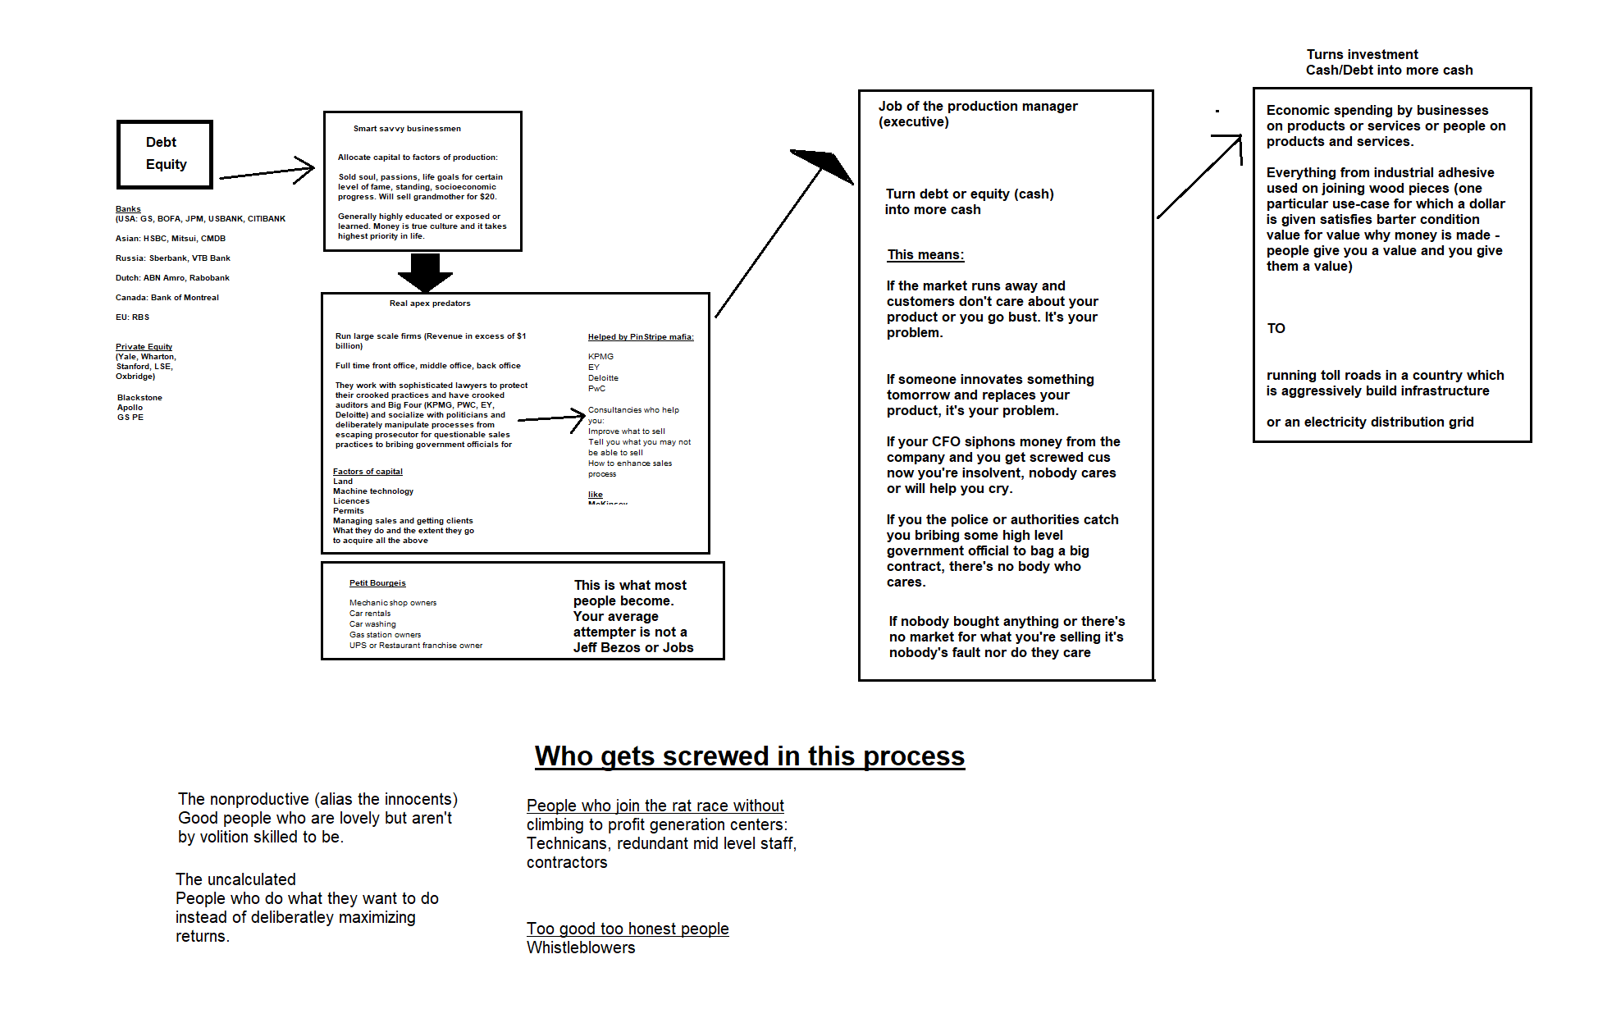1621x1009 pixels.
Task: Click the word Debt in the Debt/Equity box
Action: coord(161,142)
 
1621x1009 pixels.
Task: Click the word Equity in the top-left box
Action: coord(166,164)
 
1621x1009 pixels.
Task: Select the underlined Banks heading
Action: coord(128,209)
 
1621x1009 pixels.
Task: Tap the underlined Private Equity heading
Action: coord(144,347)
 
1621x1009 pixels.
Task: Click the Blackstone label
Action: coord(139,398)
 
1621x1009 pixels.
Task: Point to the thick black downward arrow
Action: coord(425,272)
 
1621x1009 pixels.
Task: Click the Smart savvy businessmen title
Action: coord(407,129)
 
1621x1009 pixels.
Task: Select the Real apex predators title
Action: coord(430,304)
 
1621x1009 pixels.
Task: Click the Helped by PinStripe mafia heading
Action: coord(641,337)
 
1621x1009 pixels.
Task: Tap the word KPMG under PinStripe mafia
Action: coord(600,357)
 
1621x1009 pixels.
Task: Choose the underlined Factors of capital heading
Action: coord(368,472)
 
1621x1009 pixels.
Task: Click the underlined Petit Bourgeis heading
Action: coord(377,583)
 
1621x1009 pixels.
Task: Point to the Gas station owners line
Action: coord(385,635)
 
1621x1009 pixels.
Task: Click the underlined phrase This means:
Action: coord(925,255)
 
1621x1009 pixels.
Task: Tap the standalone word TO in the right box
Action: coord(1276,328)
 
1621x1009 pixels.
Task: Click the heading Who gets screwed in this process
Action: coord(749,756)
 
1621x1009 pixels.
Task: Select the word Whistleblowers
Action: coord(581,947)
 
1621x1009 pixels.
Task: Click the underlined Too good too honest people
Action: coord(628,929)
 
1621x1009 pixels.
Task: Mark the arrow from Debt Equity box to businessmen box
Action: coord(267,171)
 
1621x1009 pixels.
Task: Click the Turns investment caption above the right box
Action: coord(1363,54)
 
